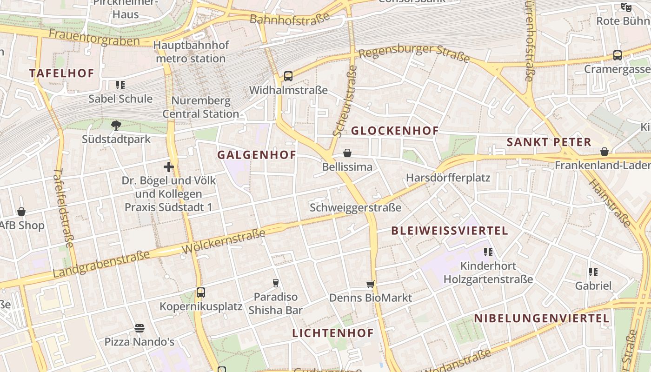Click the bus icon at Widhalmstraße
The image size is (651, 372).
[288, 76]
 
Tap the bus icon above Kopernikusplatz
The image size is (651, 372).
[201, 292]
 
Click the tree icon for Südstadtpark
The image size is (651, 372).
[116, 125]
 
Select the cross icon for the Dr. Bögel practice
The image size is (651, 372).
[169, 166]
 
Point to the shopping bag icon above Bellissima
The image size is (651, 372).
[347, 153]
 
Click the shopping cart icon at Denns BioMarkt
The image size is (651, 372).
[370, 284]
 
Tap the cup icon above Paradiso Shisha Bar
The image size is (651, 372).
[275, 283]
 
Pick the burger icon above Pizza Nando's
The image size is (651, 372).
[139, 328]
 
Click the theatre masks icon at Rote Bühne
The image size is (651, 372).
[626, 7]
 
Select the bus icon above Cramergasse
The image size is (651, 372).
[618, 55]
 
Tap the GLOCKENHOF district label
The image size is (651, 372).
[395, 131]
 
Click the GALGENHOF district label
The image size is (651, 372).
[257, 155]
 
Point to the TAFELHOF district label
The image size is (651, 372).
[62, 73]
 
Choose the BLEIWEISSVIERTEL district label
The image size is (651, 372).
[449, 231]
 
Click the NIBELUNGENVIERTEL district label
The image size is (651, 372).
[542, 319]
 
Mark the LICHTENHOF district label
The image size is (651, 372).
[333, 333]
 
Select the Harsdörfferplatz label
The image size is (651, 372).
[448, 178]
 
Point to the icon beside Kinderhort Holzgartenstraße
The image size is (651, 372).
[488, 252]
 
